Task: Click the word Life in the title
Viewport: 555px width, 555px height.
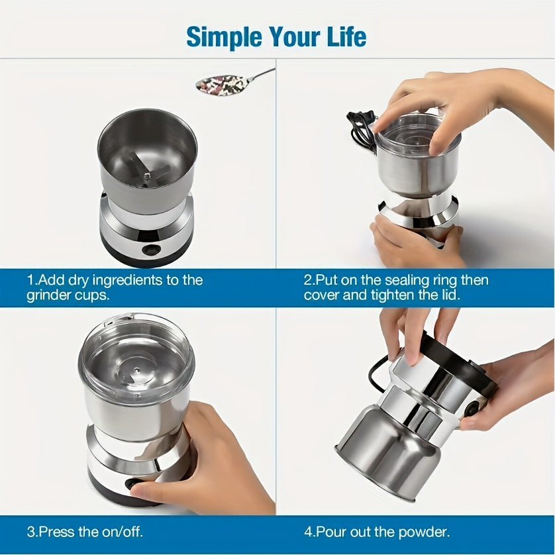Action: coord(344,36)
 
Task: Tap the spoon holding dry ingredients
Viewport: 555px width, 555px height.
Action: coord(225,83)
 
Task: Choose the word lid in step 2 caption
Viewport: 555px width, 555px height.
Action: coord(448,295)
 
